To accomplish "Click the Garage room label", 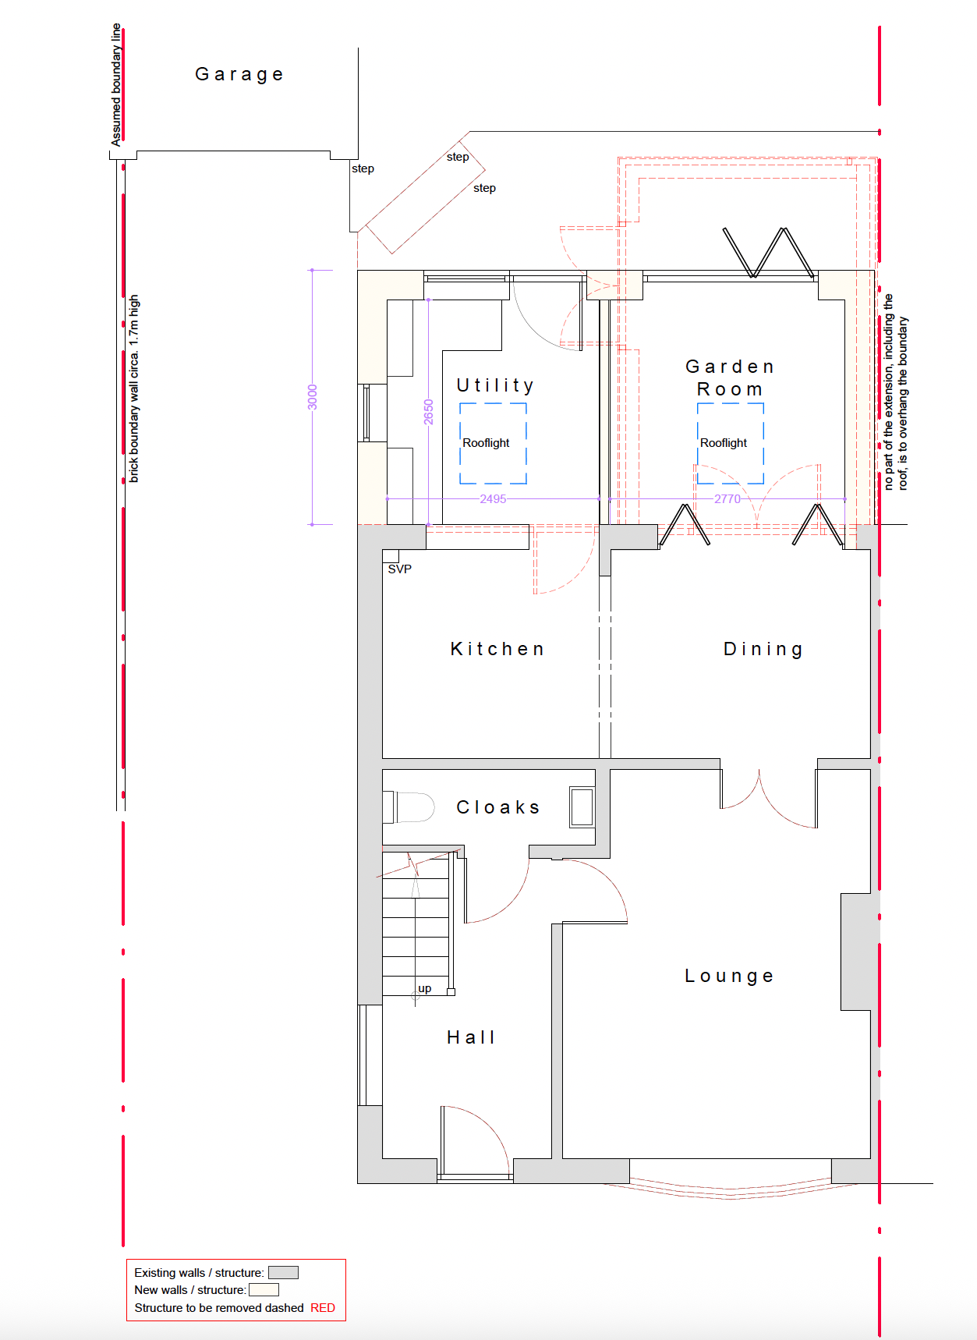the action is tap(239, 75).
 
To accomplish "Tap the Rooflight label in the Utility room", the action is tap(486, 443).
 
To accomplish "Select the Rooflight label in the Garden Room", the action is tap(724, 443).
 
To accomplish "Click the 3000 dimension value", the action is tap(313, 397).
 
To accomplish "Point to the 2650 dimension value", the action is tap(428, 412).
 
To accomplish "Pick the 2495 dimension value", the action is tap(493, 499).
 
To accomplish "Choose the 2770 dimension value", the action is tap(727, 499).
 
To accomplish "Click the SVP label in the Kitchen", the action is tap(400, 569).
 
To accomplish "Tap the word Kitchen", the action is tap(497, 649).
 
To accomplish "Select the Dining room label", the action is tap(763, 649).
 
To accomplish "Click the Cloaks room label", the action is tap(498, 807).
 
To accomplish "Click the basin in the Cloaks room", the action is tap(582, 806).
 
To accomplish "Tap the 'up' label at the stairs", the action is tap(425, 989).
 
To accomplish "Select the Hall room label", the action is tap(471, 1037).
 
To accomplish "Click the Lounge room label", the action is tap(729, 976).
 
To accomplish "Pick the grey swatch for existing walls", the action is tap(283, 1273).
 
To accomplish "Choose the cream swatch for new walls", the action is tap(264, 1290).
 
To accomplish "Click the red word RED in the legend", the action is tap(323, 1308).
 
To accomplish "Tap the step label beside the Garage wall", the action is tap(363, 168).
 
